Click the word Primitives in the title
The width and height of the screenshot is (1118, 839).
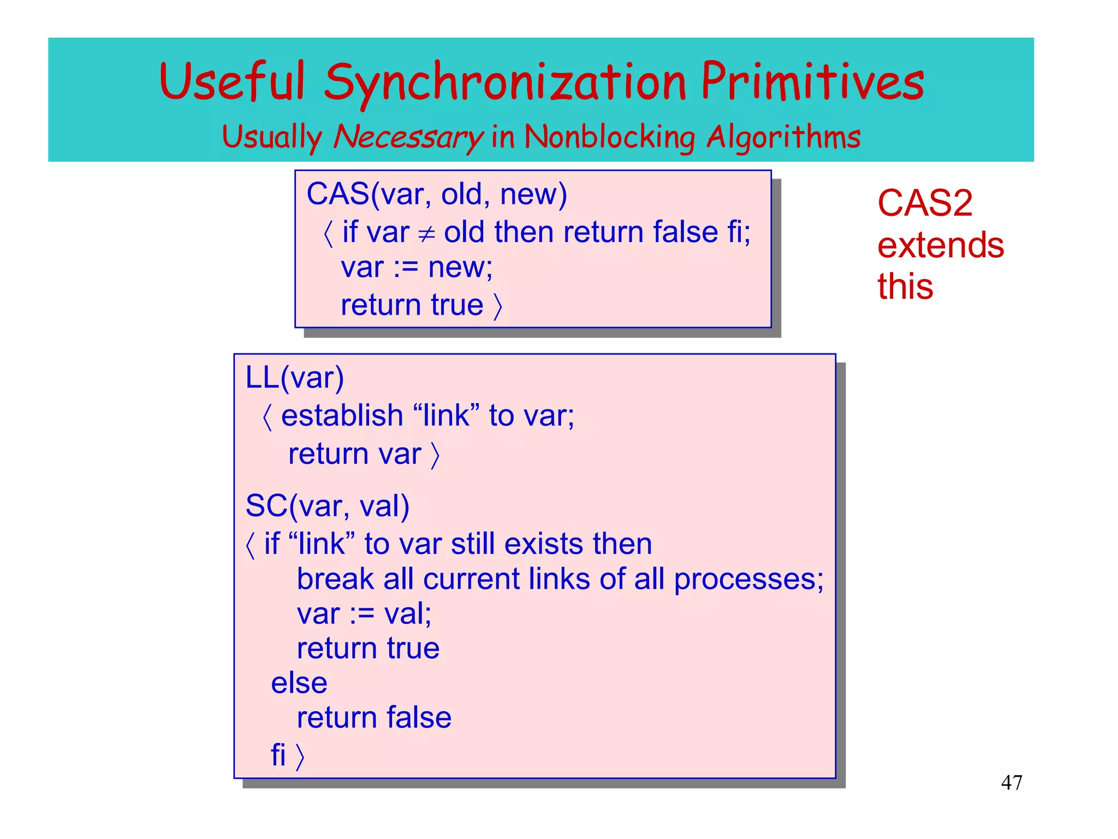pos(812,82)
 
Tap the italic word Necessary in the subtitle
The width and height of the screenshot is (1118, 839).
pos(408,137)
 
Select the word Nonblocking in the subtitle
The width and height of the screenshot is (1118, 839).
pos(609,137)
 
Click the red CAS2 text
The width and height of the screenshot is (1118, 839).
pos(925,203)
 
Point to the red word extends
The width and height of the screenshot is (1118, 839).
pos(940,245)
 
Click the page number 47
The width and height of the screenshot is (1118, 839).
pos(1011,783)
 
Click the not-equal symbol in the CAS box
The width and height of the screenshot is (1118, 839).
pos(426,234)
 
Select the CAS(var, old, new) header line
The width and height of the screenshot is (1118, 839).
pos(437,194)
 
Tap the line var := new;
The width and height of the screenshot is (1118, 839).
pos(417,268)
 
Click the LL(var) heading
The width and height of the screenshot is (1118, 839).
pos(295,377)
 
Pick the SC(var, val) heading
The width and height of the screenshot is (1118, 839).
pos(327,506)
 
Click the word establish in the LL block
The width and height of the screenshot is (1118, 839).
pos(342,416)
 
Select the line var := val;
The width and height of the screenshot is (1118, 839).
pos(364,614)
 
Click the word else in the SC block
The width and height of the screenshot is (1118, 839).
pos(299,683)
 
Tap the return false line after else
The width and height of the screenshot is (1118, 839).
pos(374,718)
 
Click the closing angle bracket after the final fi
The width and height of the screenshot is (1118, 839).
pos(300,756)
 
